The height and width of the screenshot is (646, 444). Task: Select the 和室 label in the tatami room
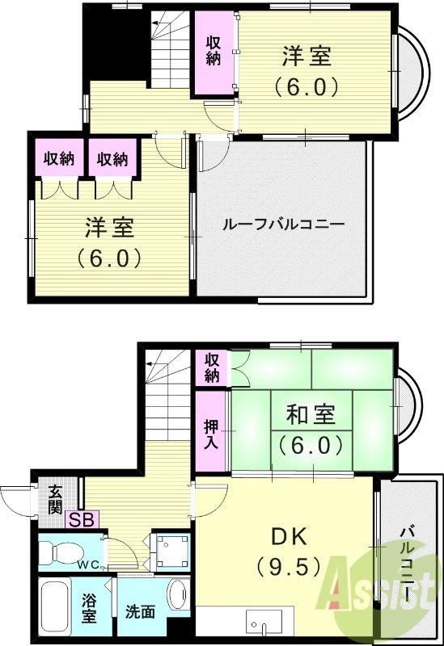coord(310,417)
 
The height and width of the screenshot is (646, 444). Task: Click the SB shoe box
coord(79,520)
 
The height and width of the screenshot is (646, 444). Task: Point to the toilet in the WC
coord(61,552)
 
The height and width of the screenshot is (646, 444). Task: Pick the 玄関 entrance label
coord(54,499)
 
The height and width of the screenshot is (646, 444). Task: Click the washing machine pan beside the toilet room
coord(171,552)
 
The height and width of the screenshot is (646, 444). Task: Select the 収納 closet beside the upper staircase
coord(213,51)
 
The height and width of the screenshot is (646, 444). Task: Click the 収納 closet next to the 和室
coord(212,367)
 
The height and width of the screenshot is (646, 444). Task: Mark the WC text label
coord(88,564)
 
